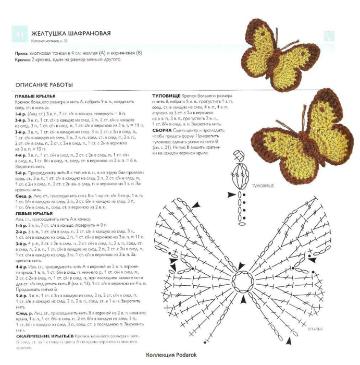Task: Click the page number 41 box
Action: [x=21, y=35]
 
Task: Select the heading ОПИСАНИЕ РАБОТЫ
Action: [x=44, y=84]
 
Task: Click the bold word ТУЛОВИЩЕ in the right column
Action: [x=166, y=96]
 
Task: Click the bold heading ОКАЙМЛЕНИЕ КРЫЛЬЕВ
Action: [x=44, y=337]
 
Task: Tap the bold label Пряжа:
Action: [x=22, y=53]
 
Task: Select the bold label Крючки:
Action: [x=24, y=59]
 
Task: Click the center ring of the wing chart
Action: [x=242, y=282]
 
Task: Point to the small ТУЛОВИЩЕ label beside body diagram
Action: [x=261, y=186]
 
